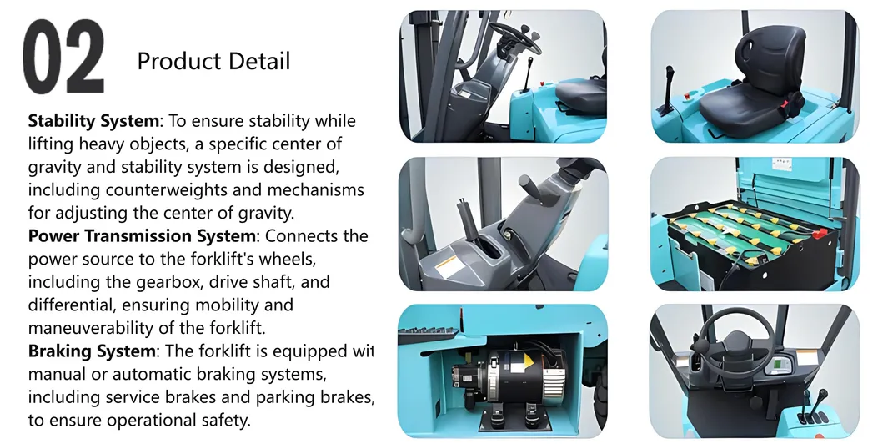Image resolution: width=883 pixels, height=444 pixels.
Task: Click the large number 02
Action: (63, 57)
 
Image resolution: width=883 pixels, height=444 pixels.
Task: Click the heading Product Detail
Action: (213, 61)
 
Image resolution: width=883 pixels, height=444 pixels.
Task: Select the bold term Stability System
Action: (92, 121)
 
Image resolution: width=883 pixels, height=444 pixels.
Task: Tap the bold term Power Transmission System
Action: (141, 235)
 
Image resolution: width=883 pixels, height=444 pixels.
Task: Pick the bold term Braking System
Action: (92, 351)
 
